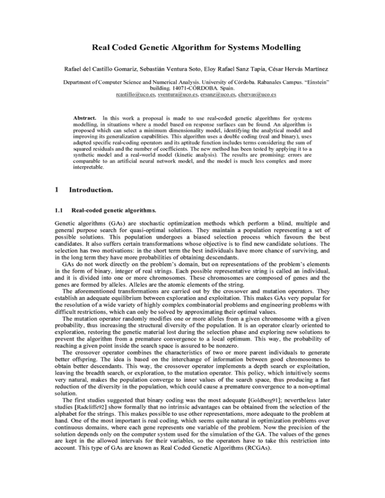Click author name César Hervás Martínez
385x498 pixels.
coord(313,68)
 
